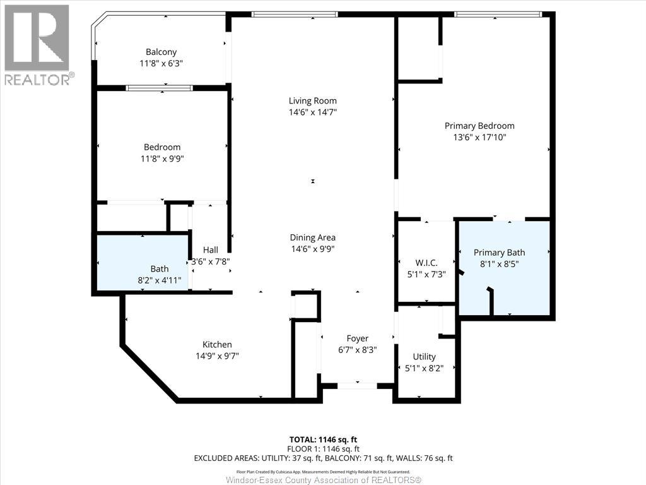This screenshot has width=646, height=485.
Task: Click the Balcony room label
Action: tap(161, 52)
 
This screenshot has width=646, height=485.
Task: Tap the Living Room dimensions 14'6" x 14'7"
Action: tap(313, 112)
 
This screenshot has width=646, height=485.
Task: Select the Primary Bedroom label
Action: tap(479, 126)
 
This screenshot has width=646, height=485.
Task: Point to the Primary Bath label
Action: tap(500, 253)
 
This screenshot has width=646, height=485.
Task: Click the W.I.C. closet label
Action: tap(426, 263)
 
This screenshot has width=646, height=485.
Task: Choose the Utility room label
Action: tap(425, 357)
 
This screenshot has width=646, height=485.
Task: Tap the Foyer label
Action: tap(358, 338)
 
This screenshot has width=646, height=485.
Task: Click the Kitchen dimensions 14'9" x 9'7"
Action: tap(217, 356)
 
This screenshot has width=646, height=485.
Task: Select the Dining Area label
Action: tap(313, 237)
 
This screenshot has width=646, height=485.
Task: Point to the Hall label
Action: tap(211, 250)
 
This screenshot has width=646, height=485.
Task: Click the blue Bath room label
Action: tap(160, 269)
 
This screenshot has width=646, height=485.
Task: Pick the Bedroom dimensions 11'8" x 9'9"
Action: tap(162, 159)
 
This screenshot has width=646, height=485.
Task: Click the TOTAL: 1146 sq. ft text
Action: tap(324, 440)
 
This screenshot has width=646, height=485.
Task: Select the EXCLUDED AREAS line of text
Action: tap(324, 458)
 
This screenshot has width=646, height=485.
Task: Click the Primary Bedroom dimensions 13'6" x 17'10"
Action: tap(479, 137)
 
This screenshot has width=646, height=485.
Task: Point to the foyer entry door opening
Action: tap(357, 386)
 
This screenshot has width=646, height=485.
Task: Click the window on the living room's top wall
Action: tap(295, 15)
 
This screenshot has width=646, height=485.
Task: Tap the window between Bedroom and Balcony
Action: tap(159, 88)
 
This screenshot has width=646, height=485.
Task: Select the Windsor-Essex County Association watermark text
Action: tap(324, 480)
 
